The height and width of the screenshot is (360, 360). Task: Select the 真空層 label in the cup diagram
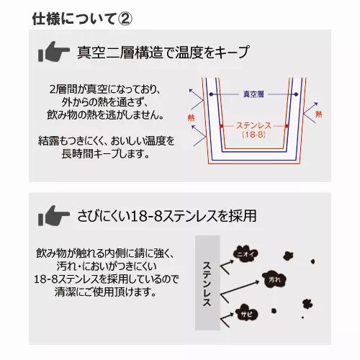point(253,94)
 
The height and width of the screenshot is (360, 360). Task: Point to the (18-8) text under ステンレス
point(253,135)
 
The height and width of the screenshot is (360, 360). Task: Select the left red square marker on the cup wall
point(221,126)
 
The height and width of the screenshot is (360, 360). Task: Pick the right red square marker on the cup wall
point(286,126)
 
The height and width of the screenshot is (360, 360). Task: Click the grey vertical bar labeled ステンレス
point(207,282)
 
